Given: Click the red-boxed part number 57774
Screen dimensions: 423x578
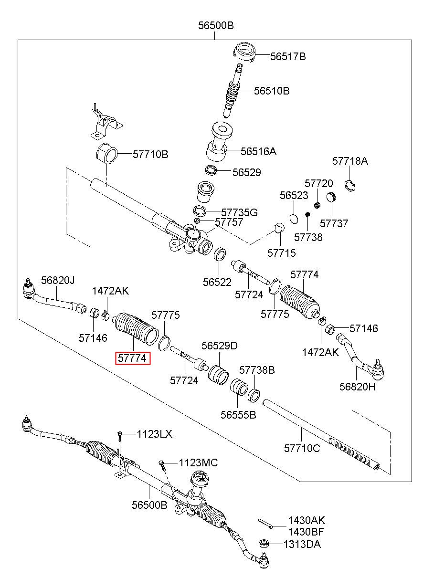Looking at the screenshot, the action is click(x=132, y=358).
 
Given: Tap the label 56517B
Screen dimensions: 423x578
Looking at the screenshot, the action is click(x=288, y=56).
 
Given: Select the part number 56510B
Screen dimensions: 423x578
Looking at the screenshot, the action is click(x=272, y=91).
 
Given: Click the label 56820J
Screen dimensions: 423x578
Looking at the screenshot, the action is click(x=58, y=280).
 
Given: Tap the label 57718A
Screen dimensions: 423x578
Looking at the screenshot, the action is click(x=350, y=161).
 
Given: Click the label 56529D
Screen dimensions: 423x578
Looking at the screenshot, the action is click(x=219, y=346).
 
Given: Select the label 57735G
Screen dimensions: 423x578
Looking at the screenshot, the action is click(x=239, y=212).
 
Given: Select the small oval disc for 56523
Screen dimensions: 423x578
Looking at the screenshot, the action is click(x=294, y=218).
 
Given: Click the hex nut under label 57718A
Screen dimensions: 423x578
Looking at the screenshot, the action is click(x=350, y=186).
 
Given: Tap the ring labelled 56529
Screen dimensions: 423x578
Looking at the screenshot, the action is click(x=211, y=170).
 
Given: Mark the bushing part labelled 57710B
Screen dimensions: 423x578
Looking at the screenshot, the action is click(x=107, y=153).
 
